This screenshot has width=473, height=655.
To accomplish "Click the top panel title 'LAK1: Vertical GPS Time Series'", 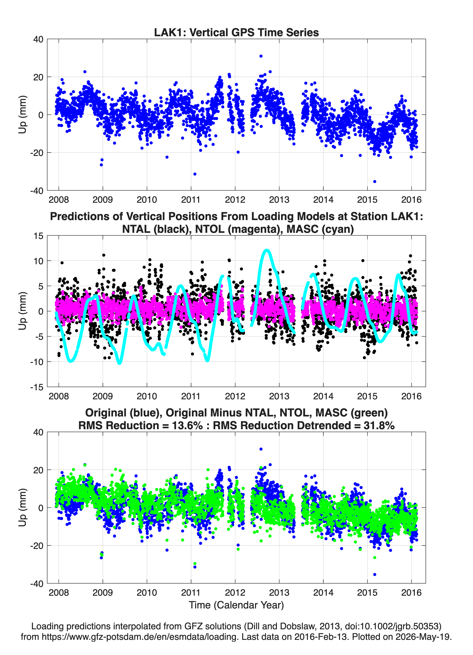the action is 236,32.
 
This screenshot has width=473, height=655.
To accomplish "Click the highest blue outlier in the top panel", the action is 261,56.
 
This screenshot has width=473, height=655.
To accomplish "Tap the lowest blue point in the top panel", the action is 375,181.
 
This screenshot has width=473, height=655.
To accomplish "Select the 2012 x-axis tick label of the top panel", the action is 235,200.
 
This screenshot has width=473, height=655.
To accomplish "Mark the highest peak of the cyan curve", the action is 267,250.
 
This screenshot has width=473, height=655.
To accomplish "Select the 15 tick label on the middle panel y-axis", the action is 38,236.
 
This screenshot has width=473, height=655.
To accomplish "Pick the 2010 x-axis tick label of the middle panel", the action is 147,396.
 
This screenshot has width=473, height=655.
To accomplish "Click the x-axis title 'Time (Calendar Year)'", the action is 236,605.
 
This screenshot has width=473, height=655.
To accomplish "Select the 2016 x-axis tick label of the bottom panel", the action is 411,592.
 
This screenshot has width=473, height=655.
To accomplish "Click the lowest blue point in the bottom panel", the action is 375,574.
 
